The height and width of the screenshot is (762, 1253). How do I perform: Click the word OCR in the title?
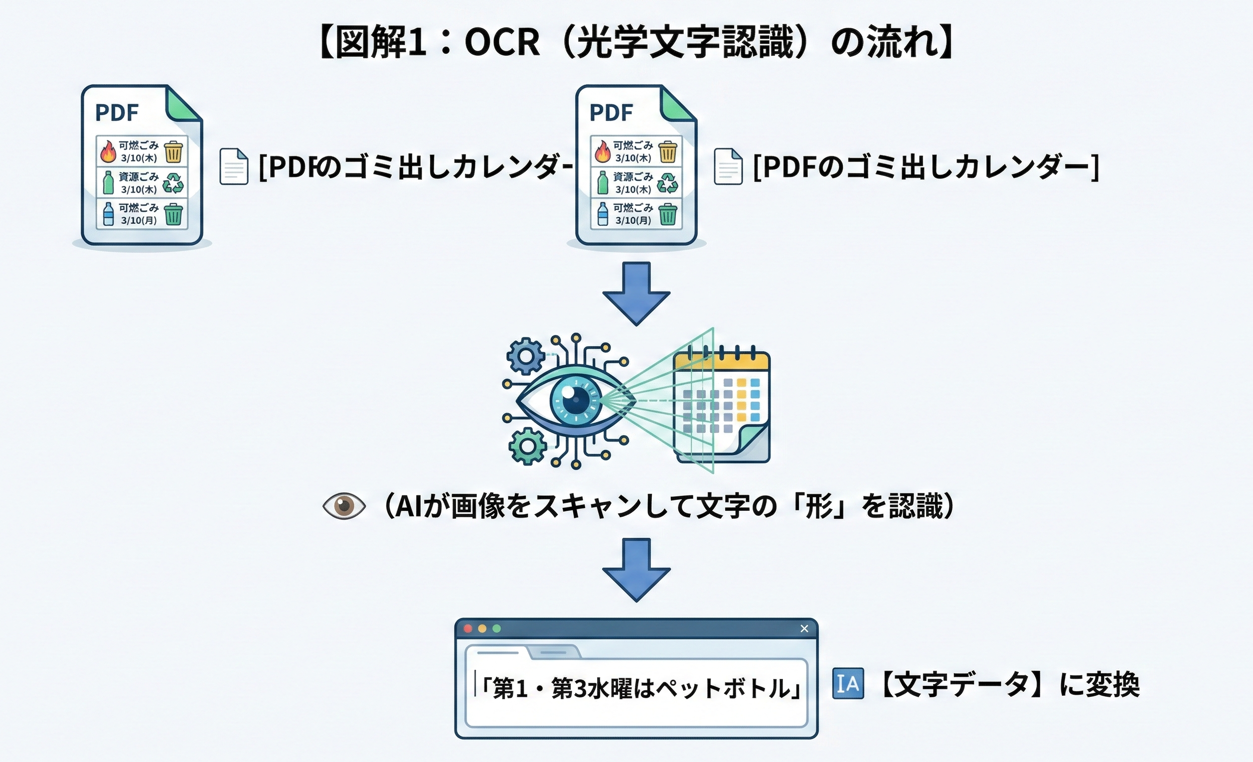(x=502, y=43)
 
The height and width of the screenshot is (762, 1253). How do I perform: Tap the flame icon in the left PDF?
(x=108, y=151)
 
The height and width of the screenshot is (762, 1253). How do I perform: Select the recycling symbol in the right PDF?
(x=667, y=183)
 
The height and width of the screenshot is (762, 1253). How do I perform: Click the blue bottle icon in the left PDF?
(x=108, y=214)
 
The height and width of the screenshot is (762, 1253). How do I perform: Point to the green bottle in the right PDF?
(x=603, y=182)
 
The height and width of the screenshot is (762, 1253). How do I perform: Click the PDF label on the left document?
(x=117, y=113)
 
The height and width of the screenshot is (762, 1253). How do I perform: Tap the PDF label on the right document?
(x=611, y=113)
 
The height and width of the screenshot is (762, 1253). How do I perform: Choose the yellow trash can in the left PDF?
(x=173, y=152)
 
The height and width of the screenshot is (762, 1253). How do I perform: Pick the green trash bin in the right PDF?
(x=668, y=214)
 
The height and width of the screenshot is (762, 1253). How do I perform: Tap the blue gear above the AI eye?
(x=526, y=356)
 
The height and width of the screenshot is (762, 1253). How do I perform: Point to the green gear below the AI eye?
(x=528, y=447)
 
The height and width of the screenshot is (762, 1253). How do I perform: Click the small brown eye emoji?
(x=344, y=506)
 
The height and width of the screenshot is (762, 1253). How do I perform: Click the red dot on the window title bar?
(x=469, y=629)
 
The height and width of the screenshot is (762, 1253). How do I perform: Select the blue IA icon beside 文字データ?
(x=848, y=684)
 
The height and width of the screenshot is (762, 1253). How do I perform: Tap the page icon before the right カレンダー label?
(x=728, y=166)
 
